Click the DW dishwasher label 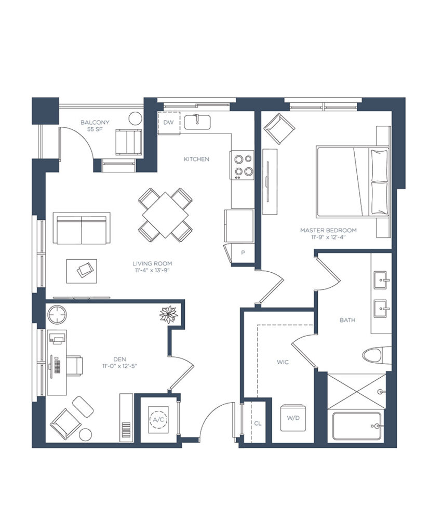tap(169, 123)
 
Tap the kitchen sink tap(197, 122)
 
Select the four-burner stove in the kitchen tap(243, 165)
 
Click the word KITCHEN tap(196, 159)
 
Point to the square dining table tap(166, 215)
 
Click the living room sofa tap(82, 229)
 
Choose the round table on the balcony tap(136, 118)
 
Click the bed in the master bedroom tap(352, 181)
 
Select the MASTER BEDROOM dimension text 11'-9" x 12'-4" tap(328, 237)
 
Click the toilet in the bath tap(377, 355)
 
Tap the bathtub tap(357, 426)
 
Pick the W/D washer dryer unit tap(293, 418)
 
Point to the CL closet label tap(258, 423)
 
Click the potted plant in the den tap(168, 314)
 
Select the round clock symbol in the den tap(57, 314)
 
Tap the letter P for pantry tap(243, 253)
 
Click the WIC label tap(283, 362)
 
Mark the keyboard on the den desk tap(56, 366)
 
